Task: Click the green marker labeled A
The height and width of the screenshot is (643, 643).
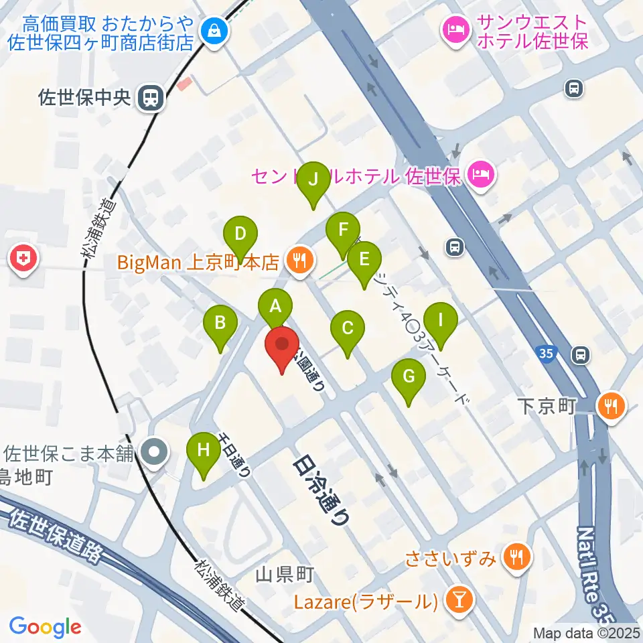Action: (275, 307)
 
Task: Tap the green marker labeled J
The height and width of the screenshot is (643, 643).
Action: (313, 180)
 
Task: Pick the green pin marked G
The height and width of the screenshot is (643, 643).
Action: (409, 377)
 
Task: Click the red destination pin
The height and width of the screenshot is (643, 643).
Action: (282, 346)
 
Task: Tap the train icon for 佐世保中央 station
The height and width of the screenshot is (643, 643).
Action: (149, 98)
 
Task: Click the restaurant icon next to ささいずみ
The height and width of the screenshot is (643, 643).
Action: (516, 555)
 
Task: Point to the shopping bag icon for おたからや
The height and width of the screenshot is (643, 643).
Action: (214, 30)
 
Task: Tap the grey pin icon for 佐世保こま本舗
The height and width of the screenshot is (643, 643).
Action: (155, 453)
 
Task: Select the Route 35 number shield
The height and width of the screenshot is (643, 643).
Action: (545, 352)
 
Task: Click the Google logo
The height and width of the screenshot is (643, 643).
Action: (45, 627)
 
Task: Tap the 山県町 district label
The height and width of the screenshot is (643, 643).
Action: (285, 573)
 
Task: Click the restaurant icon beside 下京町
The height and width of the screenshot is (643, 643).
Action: (610, 405)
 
